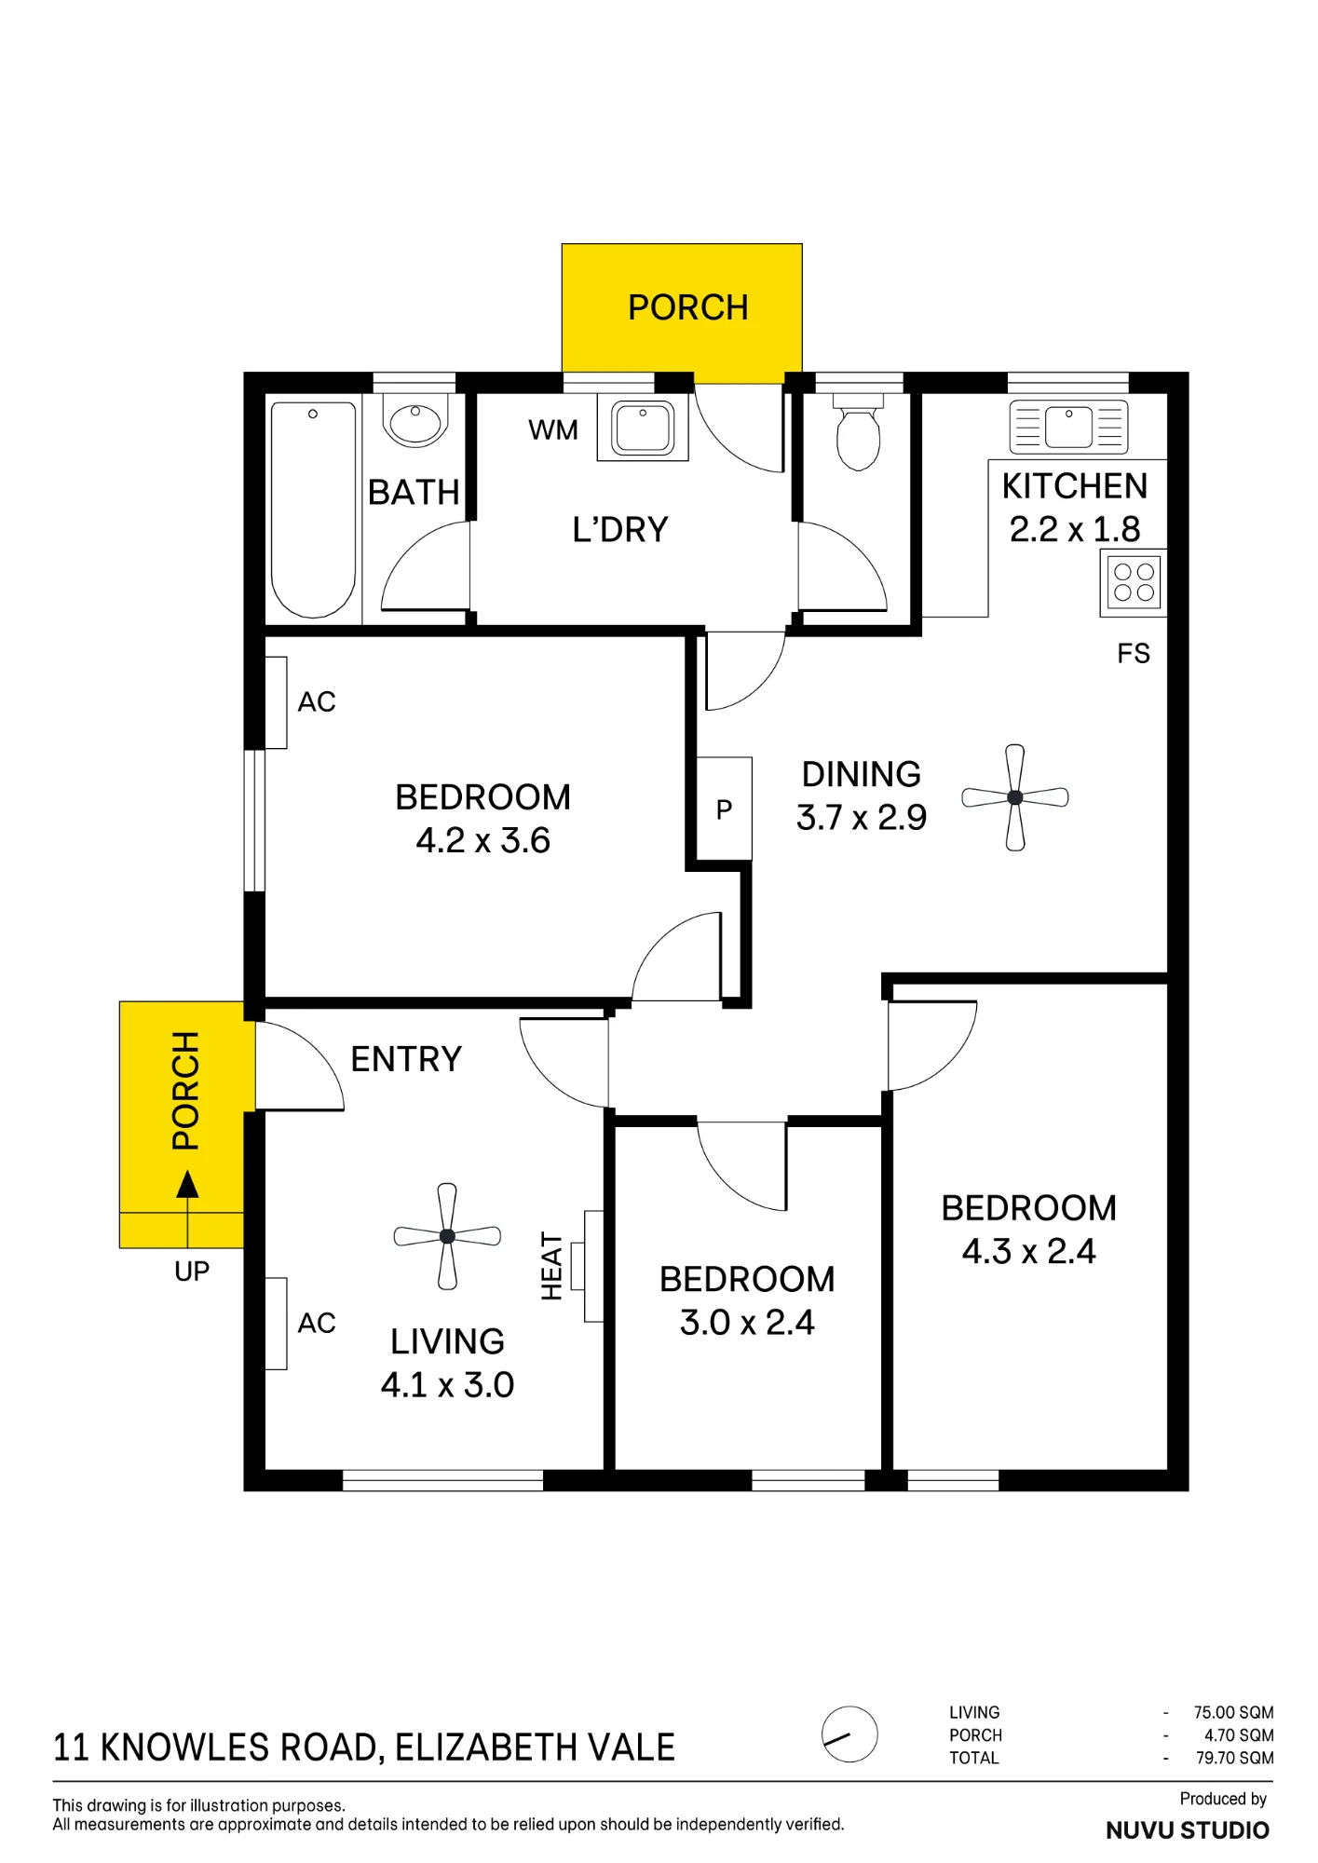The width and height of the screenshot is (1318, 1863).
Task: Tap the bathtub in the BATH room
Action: pos(313,510)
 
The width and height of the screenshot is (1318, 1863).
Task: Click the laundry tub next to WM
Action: pos(643,428)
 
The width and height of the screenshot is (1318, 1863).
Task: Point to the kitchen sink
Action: pos(1068,427)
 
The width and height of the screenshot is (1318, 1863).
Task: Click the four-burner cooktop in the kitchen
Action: pos(1134,583)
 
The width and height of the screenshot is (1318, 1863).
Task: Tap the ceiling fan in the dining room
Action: pos(1015,797)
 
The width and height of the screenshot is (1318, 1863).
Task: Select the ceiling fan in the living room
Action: pos(447,1236)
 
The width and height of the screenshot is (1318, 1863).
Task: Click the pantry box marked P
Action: pos(725,809)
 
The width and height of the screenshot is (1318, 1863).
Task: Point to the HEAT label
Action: pos(552,1266)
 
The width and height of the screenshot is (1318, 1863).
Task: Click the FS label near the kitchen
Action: pos(1134,654)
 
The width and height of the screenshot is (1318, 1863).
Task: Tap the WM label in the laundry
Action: pos(553,430)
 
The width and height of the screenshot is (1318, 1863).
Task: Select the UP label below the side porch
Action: pos(192,1271)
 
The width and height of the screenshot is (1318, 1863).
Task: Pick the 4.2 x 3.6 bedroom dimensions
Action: pos(482,841)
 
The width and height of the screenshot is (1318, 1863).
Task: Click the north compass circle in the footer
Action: pos(849,1734)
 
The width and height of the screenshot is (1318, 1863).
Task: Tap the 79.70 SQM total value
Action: pos(1234,1759)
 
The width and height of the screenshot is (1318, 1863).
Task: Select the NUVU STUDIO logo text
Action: pos(1188,1830)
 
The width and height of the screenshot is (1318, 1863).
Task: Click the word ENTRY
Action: pos(406,1059)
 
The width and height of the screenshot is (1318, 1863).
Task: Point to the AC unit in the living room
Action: pos(277,1323)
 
